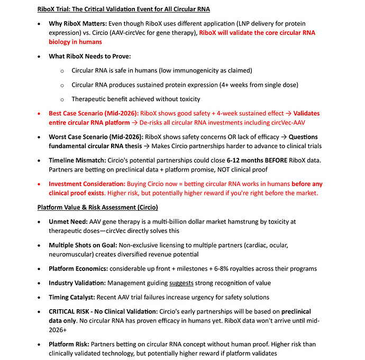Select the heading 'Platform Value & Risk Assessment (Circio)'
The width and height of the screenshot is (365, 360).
click(x=98, y=207)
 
